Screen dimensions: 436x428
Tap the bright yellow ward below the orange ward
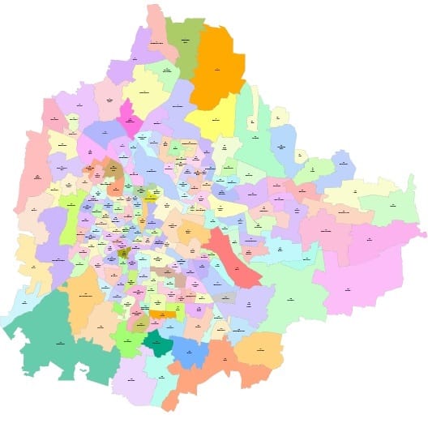(213, 118)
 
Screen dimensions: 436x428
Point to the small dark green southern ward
(157, 344)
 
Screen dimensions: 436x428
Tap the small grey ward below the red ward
(226, 298)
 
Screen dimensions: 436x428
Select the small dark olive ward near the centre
(124, 254)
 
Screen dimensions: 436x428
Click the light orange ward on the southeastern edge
(259, 348)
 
